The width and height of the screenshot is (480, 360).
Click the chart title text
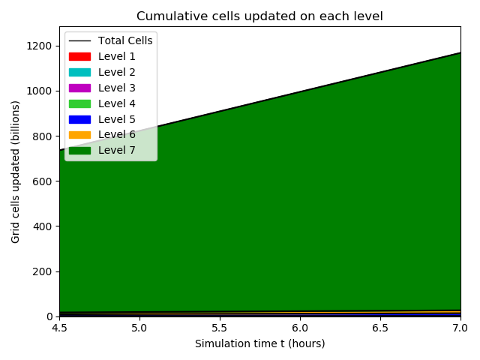[x=259, y=16]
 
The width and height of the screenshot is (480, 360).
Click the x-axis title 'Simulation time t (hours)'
[x=259, y=343]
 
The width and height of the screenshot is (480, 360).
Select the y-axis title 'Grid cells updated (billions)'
[x=16, y=172]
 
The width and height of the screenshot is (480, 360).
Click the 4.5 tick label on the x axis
[x=60, y=328]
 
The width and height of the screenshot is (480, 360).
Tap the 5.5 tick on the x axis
[x=220, y=328]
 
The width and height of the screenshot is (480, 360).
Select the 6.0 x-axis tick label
[x=300, y=328]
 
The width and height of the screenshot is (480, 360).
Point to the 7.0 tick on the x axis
[x=460, y=328]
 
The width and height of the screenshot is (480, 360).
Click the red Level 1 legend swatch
[x=79, y=56]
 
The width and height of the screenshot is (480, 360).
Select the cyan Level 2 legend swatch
[x=79, y=72]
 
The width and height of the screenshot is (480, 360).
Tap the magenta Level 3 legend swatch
[x=79, y=88]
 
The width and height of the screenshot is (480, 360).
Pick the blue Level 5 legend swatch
[x=79, y=119]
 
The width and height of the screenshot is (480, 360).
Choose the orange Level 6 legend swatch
[x=79, y=135]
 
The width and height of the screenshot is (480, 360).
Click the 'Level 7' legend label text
[x=117, y=151]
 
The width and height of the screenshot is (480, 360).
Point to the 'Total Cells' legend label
[x=125, y=40]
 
